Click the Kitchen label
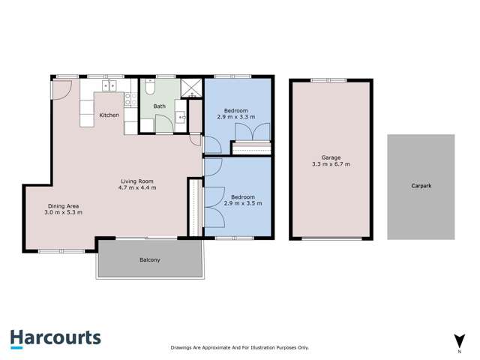pos(109,115)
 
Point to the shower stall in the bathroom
pos(192,88)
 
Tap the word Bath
pos(160,106)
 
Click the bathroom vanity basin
pos(181,117)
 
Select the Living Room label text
pos(138,181)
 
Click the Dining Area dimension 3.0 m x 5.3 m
pos(63,213)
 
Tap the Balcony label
pos(149,260)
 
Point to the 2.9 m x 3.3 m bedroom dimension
pos(236,117)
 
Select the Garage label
pos(331,157)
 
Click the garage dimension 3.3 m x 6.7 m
pos(331,163)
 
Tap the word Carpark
pos(421,186)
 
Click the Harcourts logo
pos(55,338)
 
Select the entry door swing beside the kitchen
pos(61,88)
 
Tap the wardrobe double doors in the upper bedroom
pos(250,133)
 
